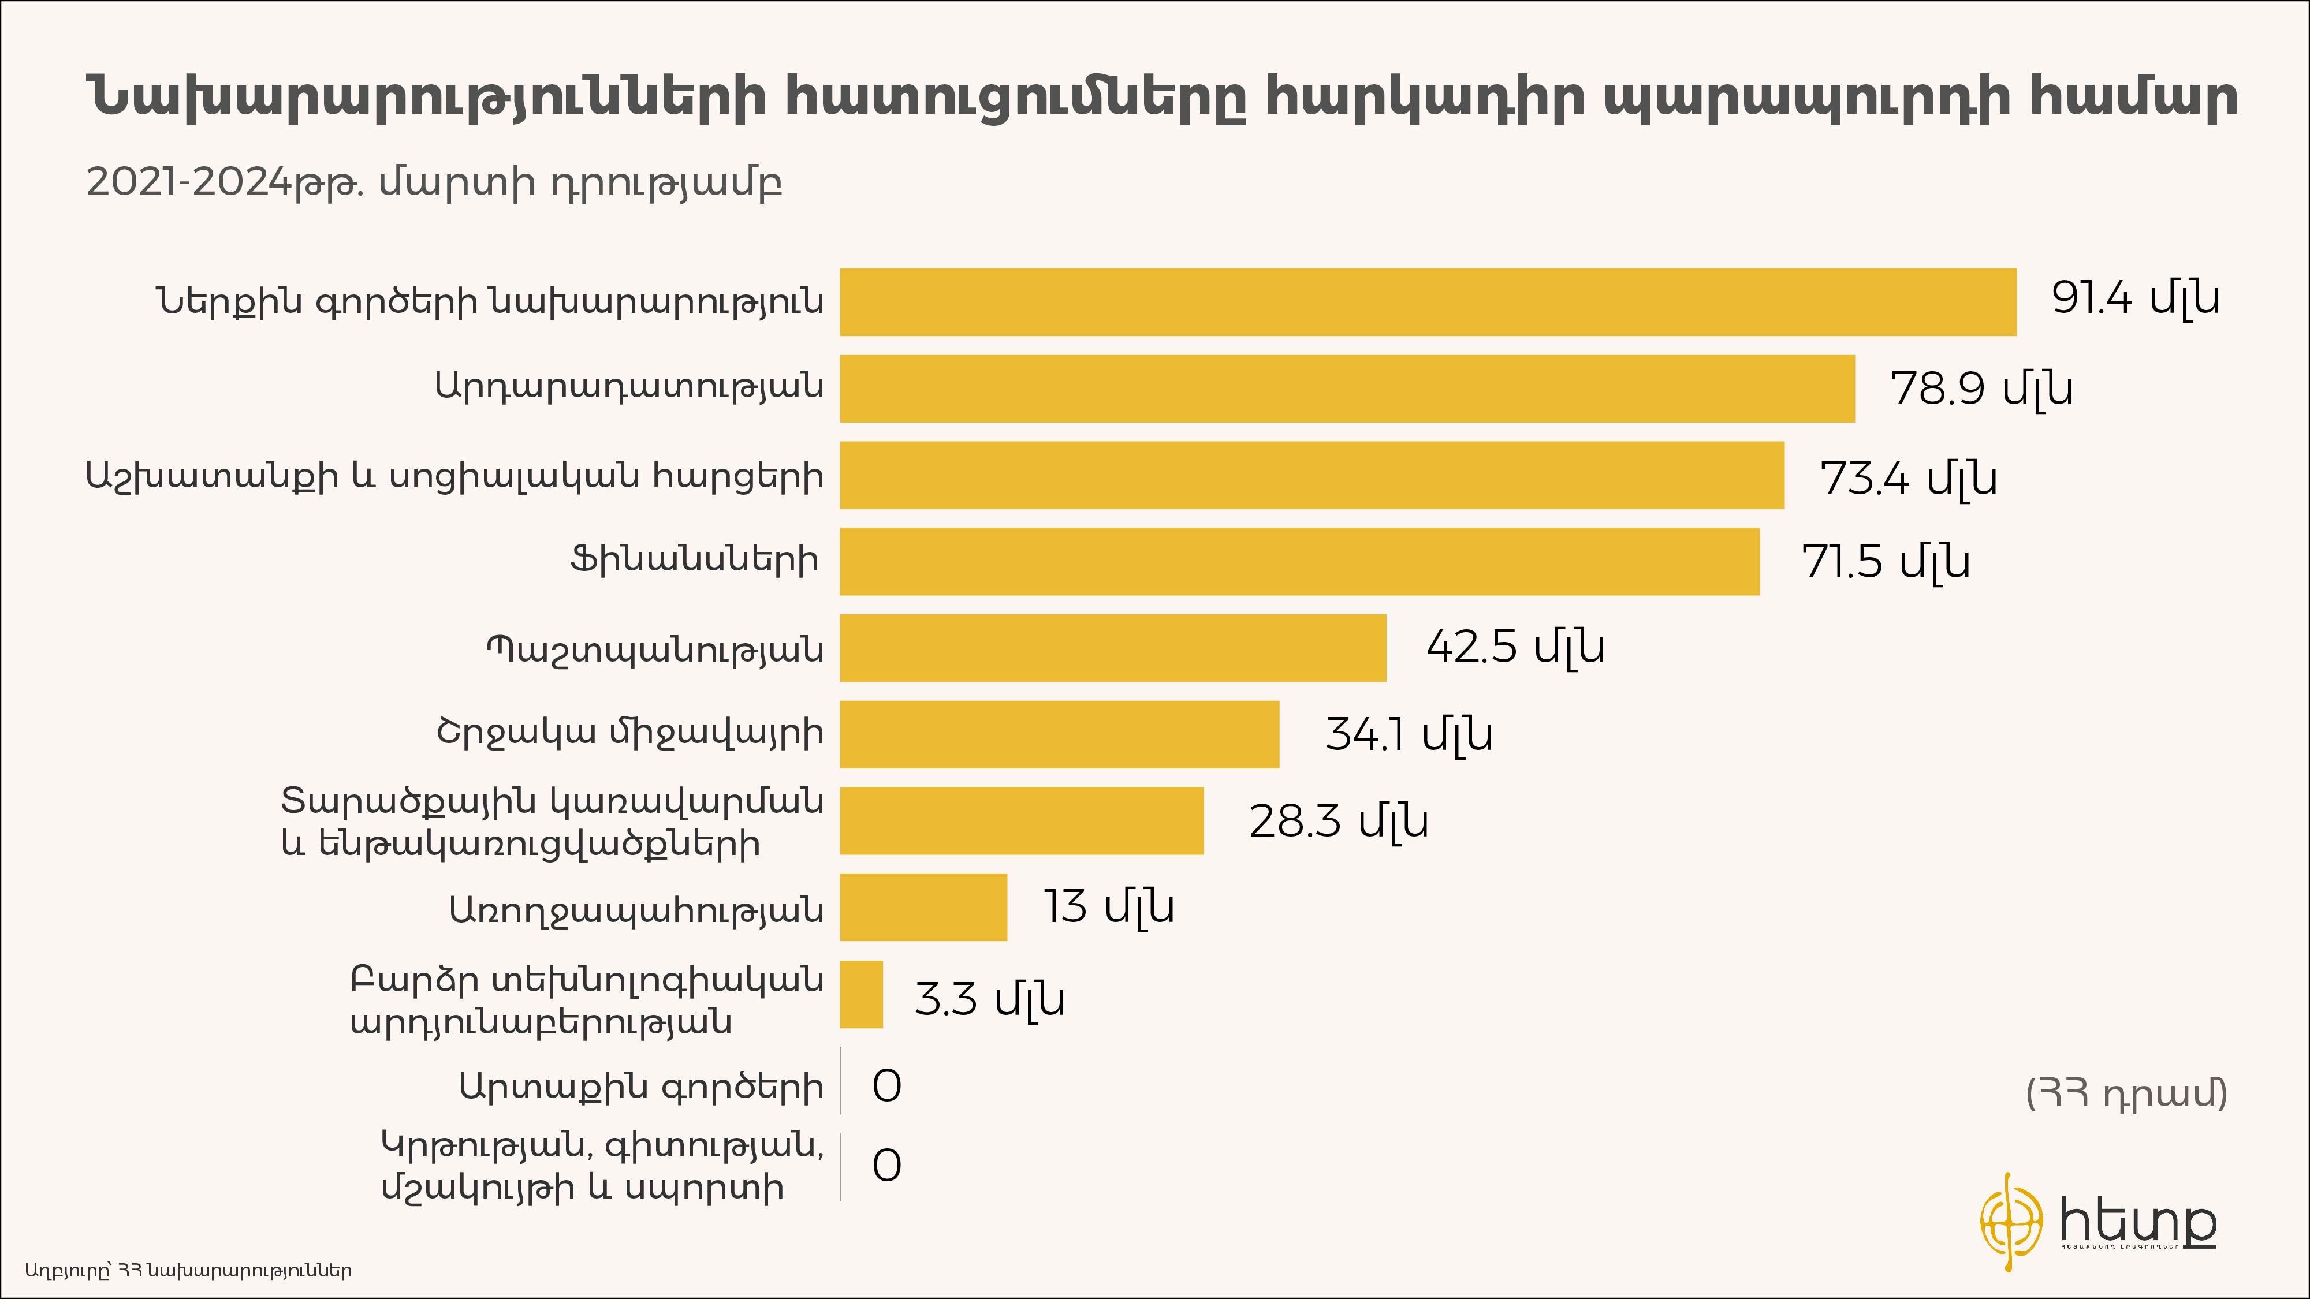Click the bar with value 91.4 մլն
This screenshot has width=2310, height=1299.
1428,302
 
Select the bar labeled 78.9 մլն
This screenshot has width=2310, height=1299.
1347,388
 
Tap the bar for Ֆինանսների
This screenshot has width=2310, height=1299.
1299,561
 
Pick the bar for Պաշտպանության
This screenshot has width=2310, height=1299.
1113,647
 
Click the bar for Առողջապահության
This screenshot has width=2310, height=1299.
923,907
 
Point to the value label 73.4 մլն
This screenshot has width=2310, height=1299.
1908,478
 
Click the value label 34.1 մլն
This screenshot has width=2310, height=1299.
1409,734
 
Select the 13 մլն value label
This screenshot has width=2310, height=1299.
1108,907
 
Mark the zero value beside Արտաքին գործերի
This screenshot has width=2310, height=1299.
886,1087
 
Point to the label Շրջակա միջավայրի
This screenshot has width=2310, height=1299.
629,733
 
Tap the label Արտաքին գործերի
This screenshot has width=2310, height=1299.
640,1087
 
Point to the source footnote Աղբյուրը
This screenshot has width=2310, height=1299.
188,1270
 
